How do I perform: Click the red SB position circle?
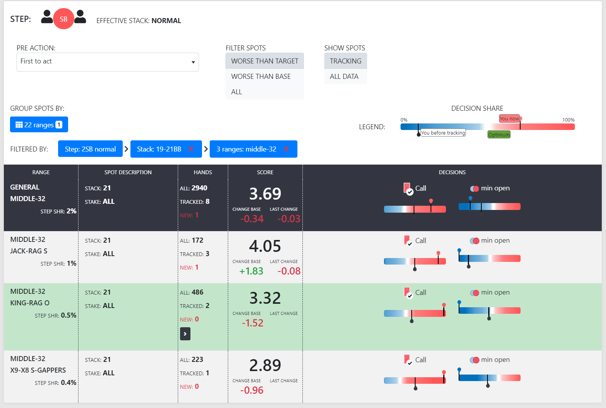[x=63, y=19]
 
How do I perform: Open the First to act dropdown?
[x=107, y=62]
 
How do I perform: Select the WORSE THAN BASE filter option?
[x=261, y=77]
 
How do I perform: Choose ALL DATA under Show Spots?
[x=344, y=77]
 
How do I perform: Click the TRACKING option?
[x=345, y=61]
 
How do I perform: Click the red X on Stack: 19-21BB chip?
[x=191, y=149]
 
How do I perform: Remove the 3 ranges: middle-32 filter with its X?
[x=286, y=149]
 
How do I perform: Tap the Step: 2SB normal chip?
[x=90, y=149]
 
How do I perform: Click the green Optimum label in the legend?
[x=499, y=135]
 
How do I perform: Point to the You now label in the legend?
[x=509, y=118]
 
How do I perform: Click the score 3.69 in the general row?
[x=265, y=193]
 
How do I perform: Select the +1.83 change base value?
[x=251, y=271]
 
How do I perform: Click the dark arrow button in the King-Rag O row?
[x=185, y=334]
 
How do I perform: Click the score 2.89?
[x=265, y=365]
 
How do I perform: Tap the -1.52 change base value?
[x=252, y=323]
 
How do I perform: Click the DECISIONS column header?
[x=452, y=172]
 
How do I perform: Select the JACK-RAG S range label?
[x=29, y=251]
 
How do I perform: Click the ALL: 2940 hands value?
[x=194, y=188]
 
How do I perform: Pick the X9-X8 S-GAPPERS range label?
[x=38, y=370]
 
